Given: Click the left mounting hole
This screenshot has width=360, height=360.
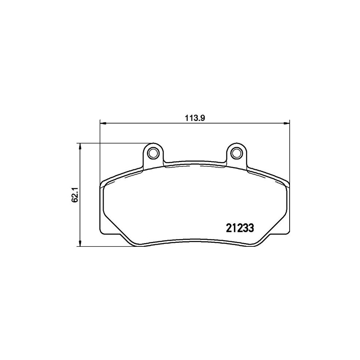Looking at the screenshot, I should pos(153,153).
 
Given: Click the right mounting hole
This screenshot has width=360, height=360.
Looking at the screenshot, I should pos(236,153).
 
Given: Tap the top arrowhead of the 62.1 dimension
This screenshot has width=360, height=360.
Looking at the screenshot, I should pos(80,146).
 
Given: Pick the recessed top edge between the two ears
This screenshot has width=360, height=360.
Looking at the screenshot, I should pos(194,163).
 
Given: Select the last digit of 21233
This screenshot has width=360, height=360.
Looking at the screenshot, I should pos(251,228).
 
